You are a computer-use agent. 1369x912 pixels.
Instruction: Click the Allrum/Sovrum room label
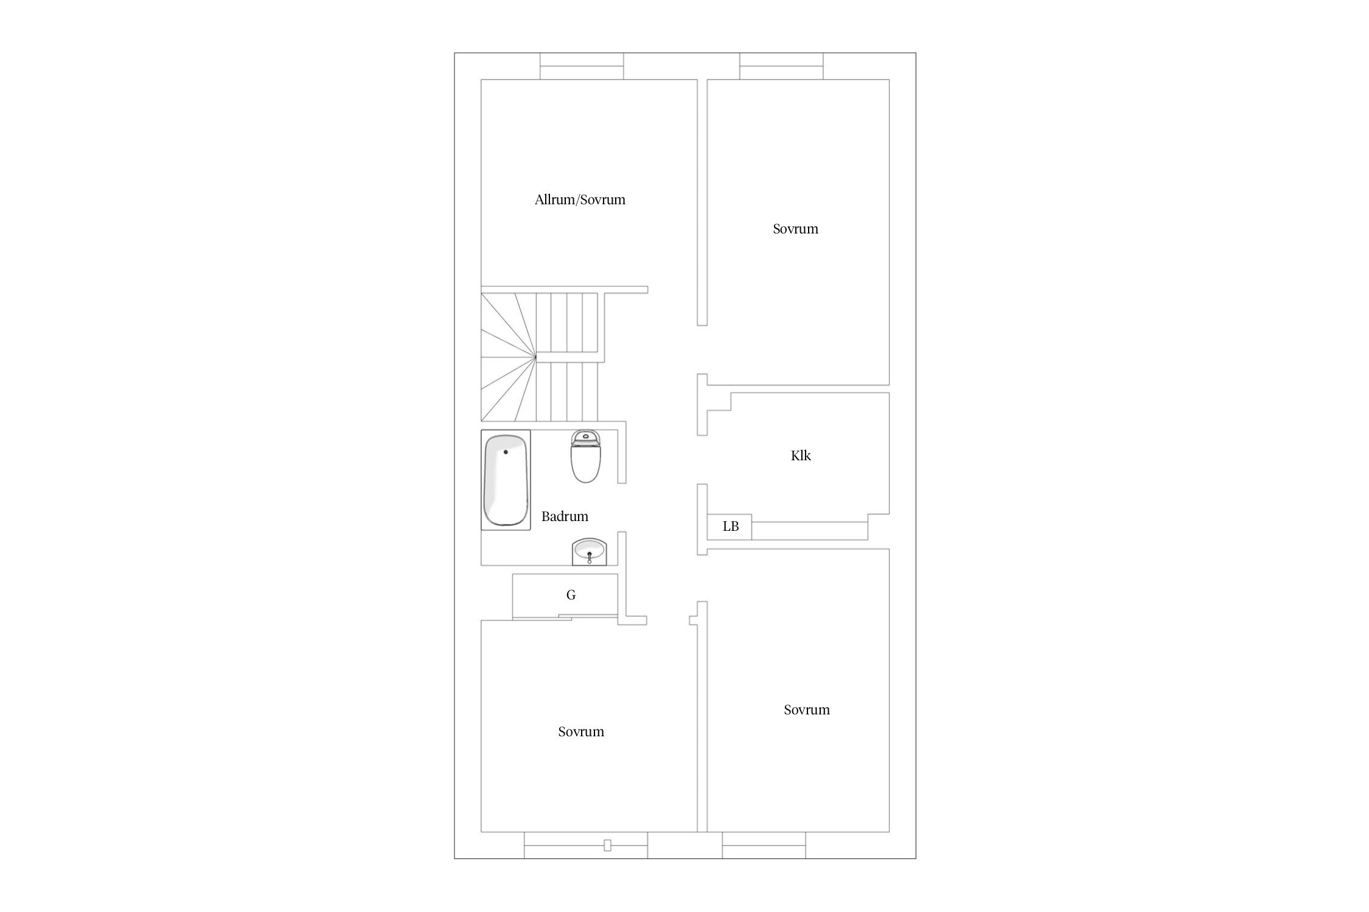580,199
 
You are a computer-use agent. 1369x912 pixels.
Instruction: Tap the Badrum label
565,516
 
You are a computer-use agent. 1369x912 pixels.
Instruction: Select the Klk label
801,455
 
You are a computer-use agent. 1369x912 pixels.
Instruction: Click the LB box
730,527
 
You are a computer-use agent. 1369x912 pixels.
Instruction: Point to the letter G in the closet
571,595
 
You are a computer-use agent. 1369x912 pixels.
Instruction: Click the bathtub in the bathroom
506,480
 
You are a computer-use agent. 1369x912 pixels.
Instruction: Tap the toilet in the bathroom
586,456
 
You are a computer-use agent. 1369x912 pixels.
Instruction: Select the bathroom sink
589,551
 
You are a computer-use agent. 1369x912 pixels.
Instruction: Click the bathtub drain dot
506,452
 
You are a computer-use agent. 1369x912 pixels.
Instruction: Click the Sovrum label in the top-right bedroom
795,229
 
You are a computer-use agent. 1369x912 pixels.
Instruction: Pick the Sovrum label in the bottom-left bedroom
581,731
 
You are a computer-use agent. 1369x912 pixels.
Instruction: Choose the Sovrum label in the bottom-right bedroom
807,710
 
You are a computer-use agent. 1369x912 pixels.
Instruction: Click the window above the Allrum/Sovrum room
582,66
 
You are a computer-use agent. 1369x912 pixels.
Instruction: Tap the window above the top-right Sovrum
781,66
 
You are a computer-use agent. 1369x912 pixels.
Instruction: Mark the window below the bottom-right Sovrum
764,845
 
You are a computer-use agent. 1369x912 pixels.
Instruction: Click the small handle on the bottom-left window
607,845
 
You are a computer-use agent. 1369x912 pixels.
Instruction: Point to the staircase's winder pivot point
536,357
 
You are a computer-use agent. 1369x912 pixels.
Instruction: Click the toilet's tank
586,436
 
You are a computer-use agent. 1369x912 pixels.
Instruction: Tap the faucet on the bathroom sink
589,557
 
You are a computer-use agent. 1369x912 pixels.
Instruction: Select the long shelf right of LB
810,530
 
